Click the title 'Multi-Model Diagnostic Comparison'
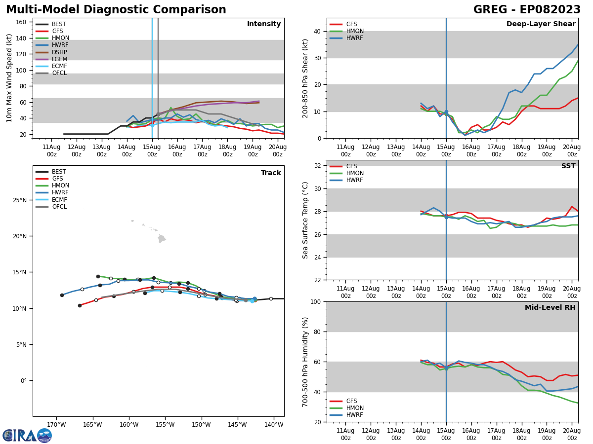(x=116, y=10)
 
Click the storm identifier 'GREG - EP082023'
(x=527, y=10)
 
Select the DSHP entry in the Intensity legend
(x=59, y=52)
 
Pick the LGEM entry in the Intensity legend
(x=59, y=59)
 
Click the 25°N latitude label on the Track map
(x=19, y=200)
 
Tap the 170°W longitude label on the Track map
(x=56, y=424)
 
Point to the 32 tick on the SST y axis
(x=318, y=166)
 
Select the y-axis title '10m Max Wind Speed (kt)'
(x=9, y=78)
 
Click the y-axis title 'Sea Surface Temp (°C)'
(x=306, y=220)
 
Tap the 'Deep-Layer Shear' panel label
(x=541, y=24)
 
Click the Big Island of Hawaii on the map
(x=162, y=239)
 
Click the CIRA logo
(x=27, y=435)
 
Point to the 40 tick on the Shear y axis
(x=318, y=31)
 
